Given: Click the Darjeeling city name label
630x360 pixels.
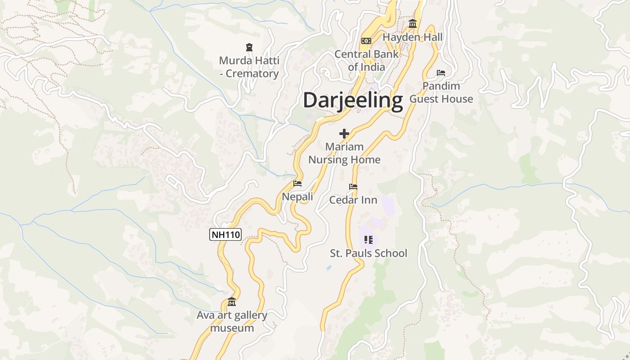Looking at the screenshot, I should pos(352,100).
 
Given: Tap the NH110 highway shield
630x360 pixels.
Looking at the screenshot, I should pos(225,234).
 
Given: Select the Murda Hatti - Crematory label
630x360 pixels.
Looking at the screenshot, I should pos(249,67).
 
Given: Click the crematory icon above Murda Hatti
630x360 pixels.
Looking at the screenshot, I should pos(249,47).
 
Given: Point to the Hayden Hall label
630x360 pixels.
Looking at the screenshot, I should pos(412,37).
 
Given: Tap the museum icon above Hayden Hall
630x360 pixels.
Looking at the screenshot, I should pos(412,24).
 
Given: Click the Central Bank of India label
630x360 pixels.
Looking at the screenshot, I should pos(366,61).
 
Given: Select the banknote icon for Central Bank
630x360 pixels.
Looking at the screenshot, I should pos(366,41).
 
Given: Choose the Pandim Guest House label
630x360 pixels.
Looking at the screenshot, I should pos(441,92).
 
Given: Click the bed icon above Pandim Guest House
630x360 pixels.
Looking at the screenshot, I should pos(441,72).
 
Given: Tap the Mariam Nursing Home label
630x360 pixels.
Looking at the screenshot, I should pos(344,153).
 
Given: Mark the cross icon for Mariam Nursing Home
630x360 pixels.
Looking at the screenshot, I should pos(344,134).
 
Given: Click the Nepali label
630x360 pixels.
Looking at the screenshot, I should pos(297,197).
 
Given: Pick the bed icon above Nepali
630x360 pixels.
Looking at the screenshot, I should pos(297,183).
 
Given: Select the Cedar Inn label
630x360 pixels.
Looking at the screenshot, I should pos(353,200).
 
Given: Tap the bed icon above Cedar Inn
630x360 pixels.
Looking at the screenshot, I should pos(353,186).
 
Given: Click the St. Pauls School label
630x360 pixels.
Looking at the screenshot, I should pos(369,253).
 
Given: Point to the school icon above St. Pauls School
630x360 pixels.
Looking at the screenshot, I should pos(369,239).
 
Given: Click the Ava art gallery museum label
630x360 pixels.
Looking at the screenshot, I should pos(232,321).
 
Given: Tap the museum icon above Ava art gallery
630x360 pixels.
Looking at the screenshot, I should pos(232,301).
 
